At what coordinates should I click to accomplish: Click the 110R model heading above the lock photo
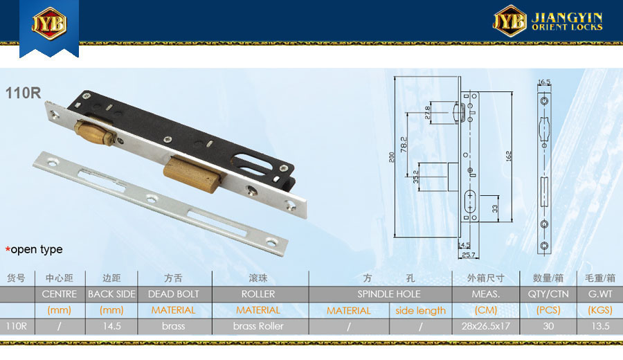point(23,93)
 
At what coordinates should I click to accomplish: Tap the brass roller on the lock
point(95,132)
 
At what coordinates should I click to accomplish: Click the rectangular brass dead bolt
point(192,174)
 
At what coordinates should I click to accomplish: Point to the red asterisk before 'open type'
point(8,249)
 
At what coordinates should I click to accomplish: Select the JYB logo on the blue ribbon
point(49,24)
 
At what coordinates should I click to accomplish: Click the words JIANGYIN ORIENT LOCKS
point(567,21)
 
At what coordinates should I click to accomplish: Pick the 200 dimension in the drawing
point(392,157)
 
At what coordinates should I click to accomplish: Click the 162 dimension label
point(509,156)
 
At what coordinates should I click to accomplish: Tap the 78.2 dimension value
point(404,145)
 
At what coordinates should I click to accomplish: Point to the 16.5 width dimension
point(544,82)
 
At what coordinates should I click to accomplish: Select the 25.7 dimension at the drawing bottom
point(469,255)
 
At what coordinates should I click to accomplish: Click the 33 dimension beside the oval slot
point(495,208)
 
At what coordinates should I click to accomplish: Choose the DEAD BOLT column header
point(173,294)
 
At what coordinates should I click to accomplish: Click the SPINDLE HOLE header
point(388,294)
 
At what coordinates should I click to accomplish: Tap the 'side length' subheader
point(420,311)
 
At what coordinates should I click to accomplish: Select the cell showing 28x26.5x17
point(485,326)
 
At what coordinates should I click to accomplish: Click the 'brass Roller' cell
point(258,326)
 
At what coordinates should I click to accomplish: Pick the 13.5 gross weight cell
point(600,326)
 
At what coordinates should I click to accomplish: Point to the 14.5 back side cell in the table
point(111,326)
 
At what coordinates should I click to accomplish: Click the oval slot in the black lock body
point(253,163)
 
